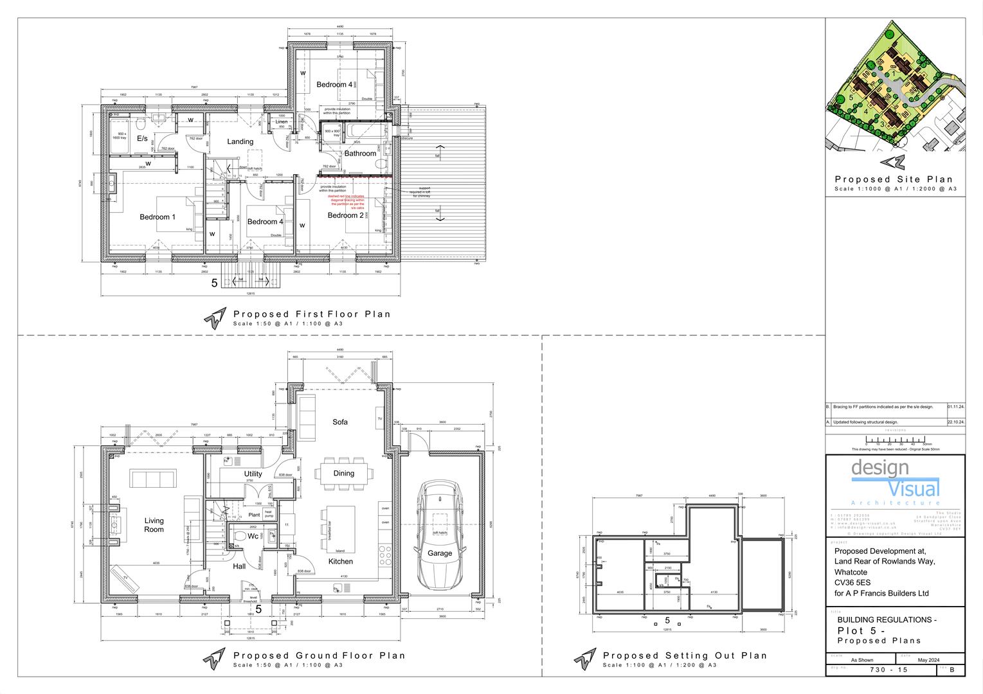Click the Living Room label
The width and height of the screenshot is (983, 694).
click(x=154, y=525)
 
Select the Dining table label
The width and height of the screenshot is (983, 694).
click(x=343, y=474)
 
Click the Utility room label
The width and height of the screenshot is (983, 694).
click(x=253, y=474)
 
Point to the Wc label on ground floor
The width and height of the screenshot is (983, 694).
click(x=253, y=536)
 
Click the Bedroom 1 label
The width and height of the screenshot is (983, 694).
click(x=158, y=217)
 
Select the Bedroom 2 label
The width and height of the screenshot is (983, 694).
click(x=345, y=216)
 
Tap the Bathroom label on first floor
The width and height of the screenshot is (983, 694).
click(x=360, y=154)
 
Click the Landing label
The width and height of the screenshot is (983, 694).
click(x=240, y=141)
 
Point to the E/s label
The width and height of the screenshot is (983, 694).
click(x=142, y=139)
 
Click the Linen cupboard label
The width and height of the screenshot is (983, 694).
click(x=281, y=122)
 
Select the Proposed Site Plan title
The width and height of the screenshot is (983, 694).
click(x=894, y=179)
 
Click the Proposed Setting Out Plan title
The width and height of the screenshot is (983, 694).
click(x=685, y=655)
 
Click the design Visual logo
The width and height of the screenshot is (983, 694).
click(x=895, y=482)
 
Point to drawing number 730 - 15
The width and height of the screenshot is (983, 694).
click(x=888, y=670)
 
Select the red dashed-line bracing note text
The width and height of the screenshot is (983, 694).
click(x=347, y=202)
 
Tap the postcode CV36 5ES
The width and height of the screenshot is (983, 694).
click(x=851, y=583)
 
